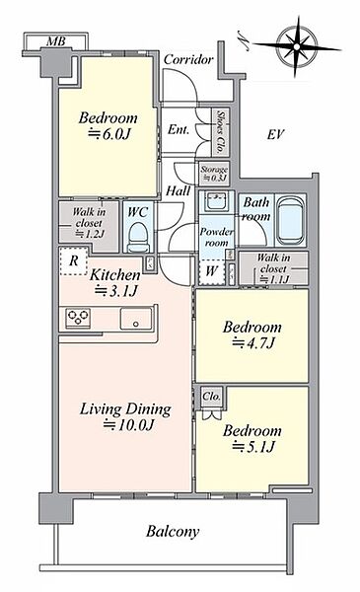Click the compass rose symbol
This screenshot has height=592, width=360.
(297, 46)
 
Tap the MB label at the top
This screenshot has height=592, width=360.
(56, 41)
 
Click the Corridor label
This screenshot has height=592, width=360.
(188, 59)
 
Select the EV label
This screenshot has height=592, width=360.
(275, 134)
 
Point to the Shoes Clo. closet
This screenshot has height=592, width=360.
(220, 132)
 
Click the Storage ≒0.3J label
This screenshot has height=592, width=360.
(214, 174)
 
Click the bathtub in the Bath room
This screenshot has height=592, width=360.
(290, 221)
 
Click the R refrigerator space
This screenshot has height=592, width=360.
(74, 260)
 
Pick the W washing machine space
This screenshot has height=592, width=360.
(212, 271)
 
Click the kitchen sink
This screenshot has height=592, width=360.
(136, 319)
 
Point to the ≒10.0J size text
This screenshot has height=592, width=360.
(129, 425)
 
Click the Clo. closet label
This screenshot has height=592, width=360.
(212, 397)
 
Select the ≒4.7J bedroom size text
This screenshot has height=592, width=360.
(253, 343)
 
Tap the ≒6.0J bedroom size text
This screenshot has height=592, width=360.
(109, 134)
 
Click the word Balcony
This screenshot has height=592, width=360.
(173, 532)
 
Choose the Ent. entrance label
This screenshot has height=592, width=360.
(179, 130)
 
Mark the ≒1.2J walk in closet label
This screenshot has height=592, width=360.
(90, 234)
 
